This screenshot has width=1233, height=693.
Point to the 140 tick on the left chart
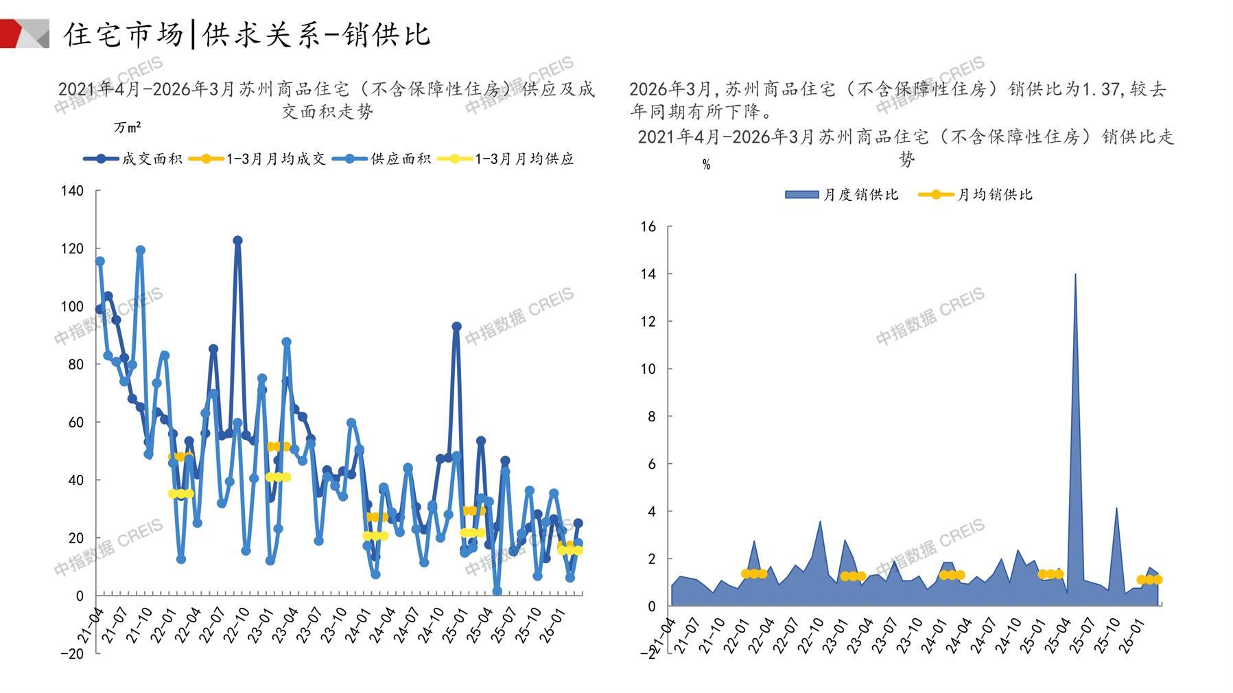(x=72, y=191)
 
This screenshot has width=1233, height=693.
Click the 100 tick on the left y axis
(x=72, y=307)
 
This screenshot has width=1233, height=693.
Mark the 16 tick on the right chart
(x=648, y=226)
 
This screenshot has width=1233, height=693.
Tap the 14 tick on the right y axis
(x=648, y=274)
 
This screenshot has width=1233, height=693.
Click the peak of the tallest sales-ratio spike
(x=1075, y=274)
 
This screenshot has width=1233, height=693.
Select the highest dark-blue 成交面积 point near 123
(x=237, y=241)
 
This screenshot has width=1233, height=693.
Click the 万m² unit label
(x=127, y=128)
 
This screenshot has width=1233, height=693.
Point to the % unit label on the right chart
(x=706, y=165)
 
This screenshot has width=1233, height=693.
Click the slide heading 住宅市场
(x=124, y=34)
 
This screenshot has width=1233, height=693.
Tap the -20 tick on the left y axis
(x=72, y=654)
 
